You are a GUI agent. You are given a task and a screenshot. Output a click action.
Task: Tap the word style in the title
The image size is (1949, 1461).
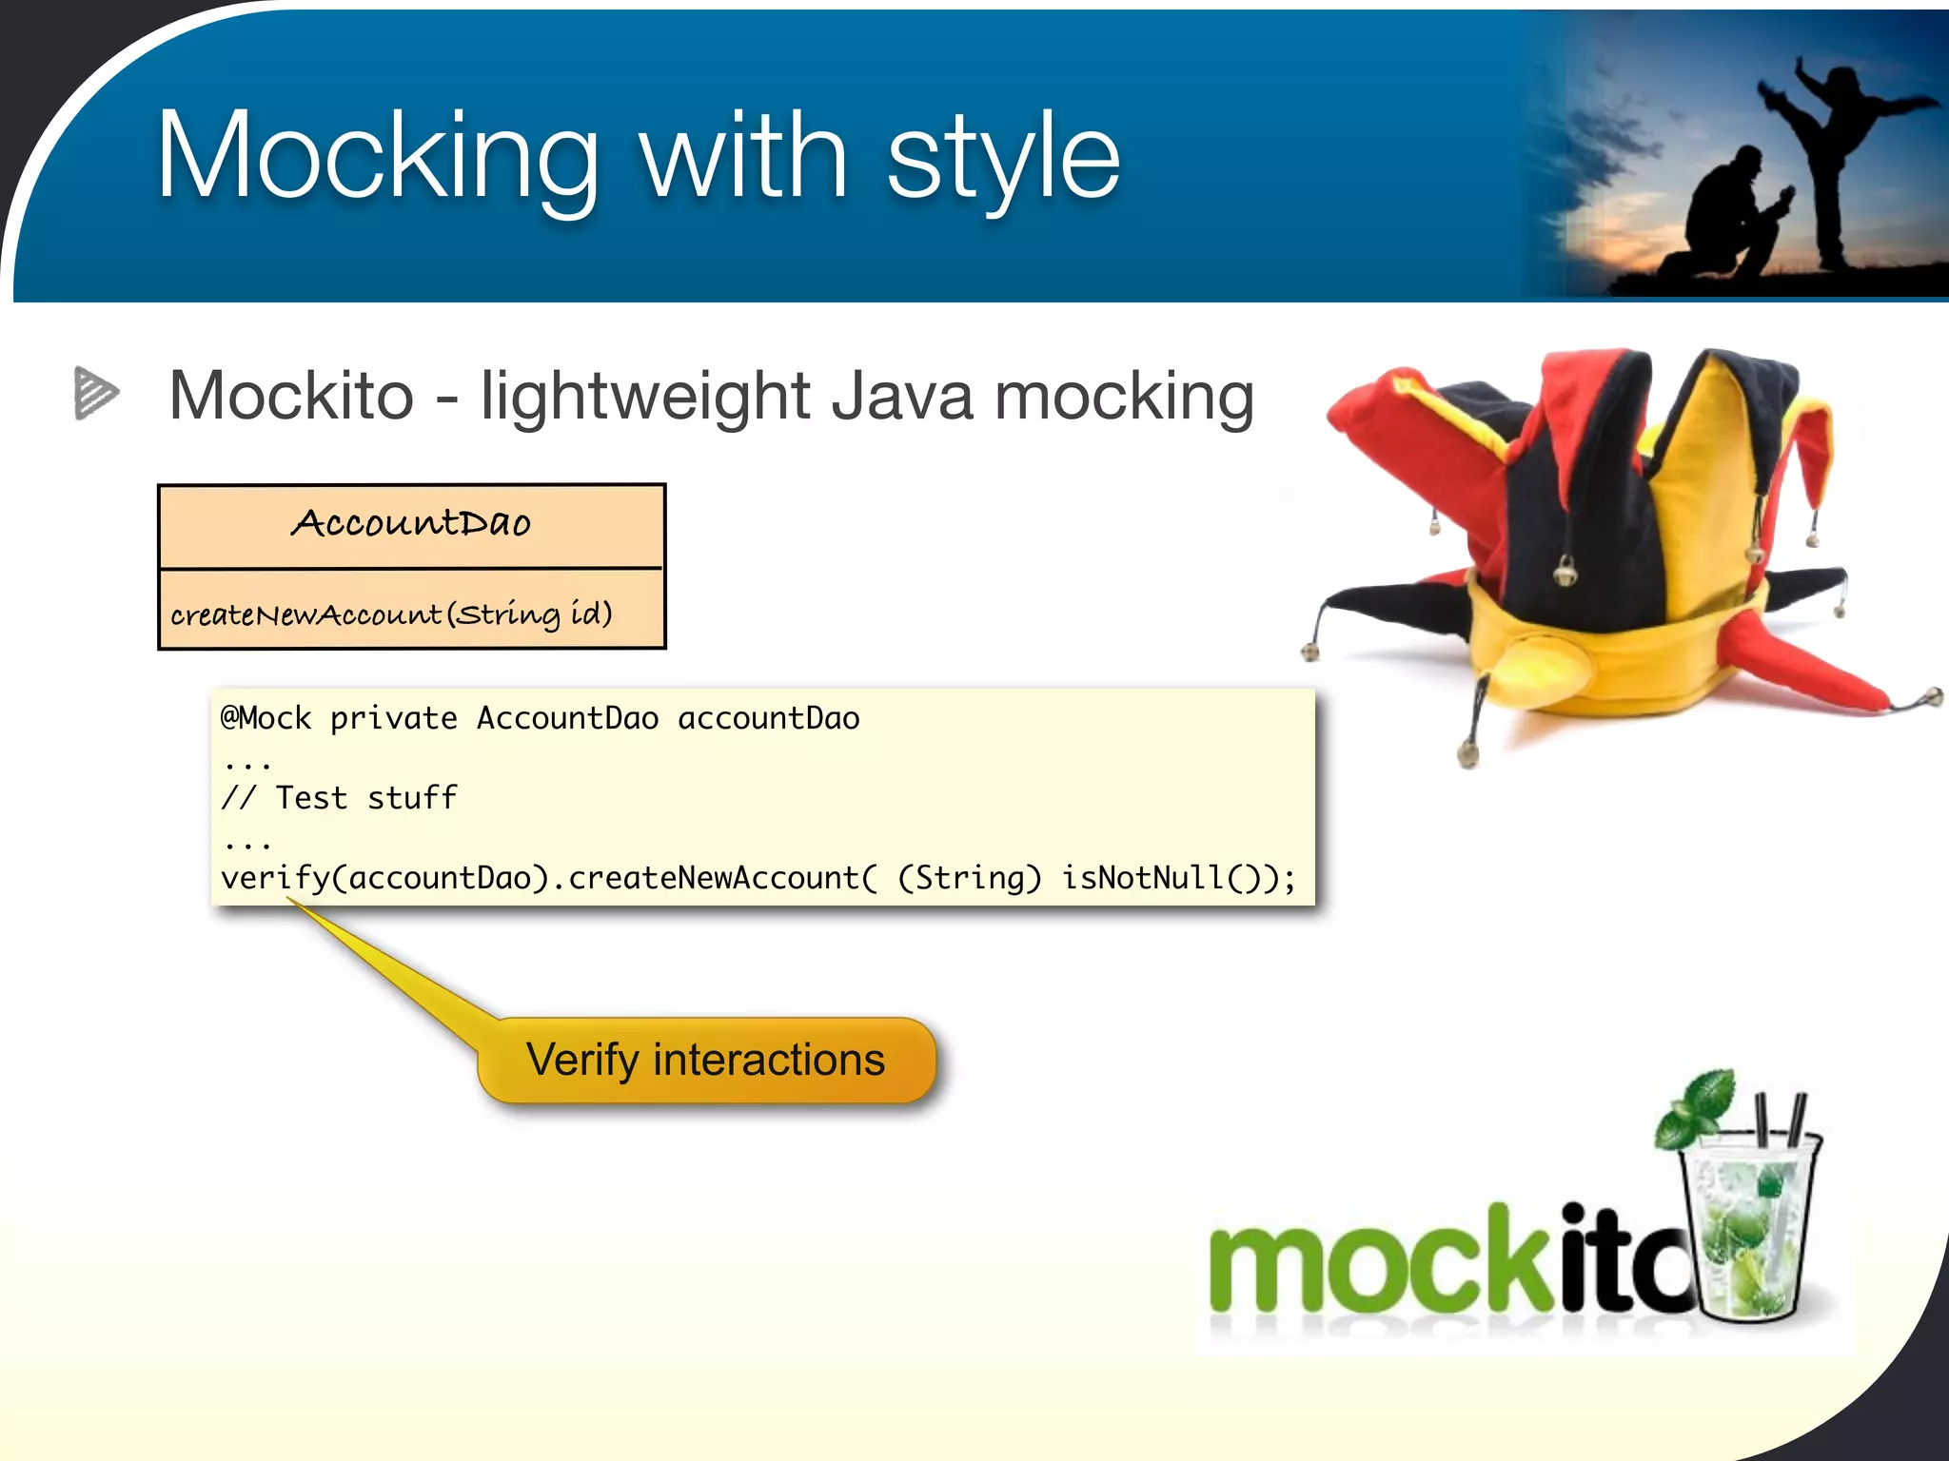click(x=1004, y=157)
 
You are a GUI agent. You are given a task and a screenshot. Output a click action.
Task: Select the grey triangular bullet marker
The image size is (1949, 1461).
click(x=96, y=393)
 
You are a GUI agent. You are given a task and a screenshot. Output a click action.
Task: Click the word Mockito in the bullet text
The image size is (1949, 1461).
click(x=291, y=396)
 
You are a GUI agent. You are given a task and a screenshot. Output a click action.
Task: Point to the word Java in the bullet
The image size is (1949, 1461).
click(x=902, y=396)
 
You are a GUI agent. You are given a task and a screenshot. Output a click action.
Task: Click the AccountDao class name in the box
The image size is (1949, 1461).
click(x=410, y=523)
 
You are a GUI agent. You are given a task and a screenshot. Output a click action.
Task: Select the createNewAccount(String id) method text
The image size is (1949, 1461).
click(x=391, y=614)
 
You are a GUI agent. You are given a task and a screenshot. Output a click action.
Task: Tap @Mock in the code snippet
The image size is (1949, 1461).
click(x=266, y=718)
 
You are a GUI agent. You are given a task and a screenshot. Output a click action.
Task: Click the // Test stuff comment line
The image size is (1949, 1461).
click(x=339, y=798)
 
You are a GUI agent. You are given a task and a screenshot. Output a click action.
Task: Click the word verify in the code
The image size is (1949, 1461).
click(x=274, y=878)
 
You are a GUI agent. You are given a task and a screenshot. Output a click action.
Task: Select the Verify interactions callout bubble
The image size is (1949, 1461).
click(x=706, y=1060)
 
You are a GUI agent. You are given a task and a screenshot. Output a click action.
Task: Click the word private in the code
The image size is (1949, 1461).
click(x=393, y=718)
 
